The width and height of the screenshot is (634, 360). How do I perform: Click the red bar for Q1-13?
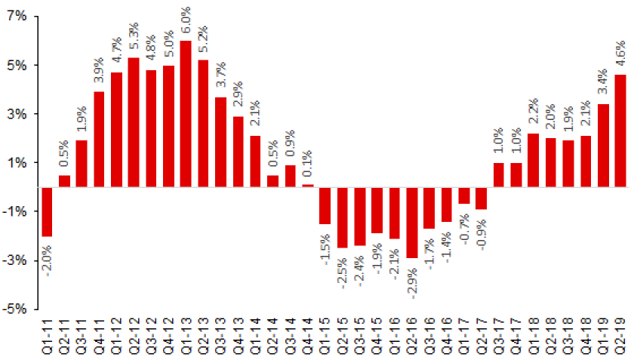tap(186, 113)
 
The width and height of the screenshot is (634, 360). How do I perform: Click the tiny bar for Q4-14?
tap(307, 185)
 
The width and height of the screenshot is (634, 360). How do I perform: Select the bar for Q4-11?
tap(99, 140)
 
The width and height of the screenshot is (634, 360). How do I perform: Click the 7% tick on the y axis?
tap(16, 16)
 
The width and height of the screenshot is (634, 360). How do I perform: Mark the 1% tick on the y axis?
tap(16, 162)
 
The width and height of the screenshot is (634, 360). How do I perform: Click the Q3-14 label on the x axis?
tap(291, 335)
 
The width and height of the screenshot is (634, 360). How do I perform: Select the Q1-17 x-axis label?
tap(464, 335)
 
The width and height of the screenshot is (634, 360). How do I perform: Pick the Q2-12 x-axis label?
tap(134, 335)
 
